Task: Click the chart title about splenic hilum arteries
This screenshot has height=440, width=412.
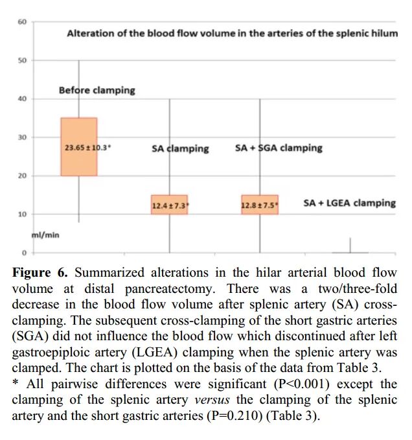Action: click(x=232, y=33)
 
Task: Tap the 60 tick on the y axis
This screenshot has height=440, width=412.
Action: click(x=21, y=22)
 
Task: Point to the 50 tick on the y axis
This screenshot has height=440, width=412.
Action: click(x=21, y=60)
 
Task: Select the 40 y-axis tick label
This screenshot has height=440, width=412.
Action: click(x=21, y=99)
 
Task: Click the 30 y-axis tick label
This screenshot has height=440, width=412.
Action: click(x=21, y=137)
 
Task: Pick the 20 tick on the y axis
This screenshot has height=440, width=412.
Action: click(x=21, y=176)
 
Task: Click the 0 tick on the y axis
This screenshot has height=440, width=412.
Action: click(x=23, y=253)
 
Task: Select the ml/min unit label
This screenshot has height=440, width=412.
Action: click(x=46, y=235)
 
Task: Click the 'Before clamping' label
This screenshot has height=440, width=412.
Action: click(x=97, y=90)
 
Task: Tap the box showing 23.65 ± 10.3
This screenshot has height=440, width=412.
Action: click(x=79, y=147)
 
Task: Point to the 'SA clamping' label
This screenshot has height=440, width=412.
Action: click(x=180, y=148)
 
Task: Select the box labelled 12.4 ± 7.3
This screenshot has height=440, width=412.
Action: click(x=169, y=205)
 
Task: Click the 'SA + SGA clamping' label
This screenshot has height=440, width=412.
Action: click(x=278, y=148)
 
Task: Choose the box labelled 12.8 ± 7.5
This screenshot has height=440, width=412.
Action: click(x=259, y=205)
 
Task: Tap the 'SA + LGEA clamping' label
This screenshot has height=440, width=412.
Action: click(x=349, y=203)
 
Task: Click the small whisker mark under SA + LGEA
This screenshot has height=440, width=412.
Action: click(x=350, y=247)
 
